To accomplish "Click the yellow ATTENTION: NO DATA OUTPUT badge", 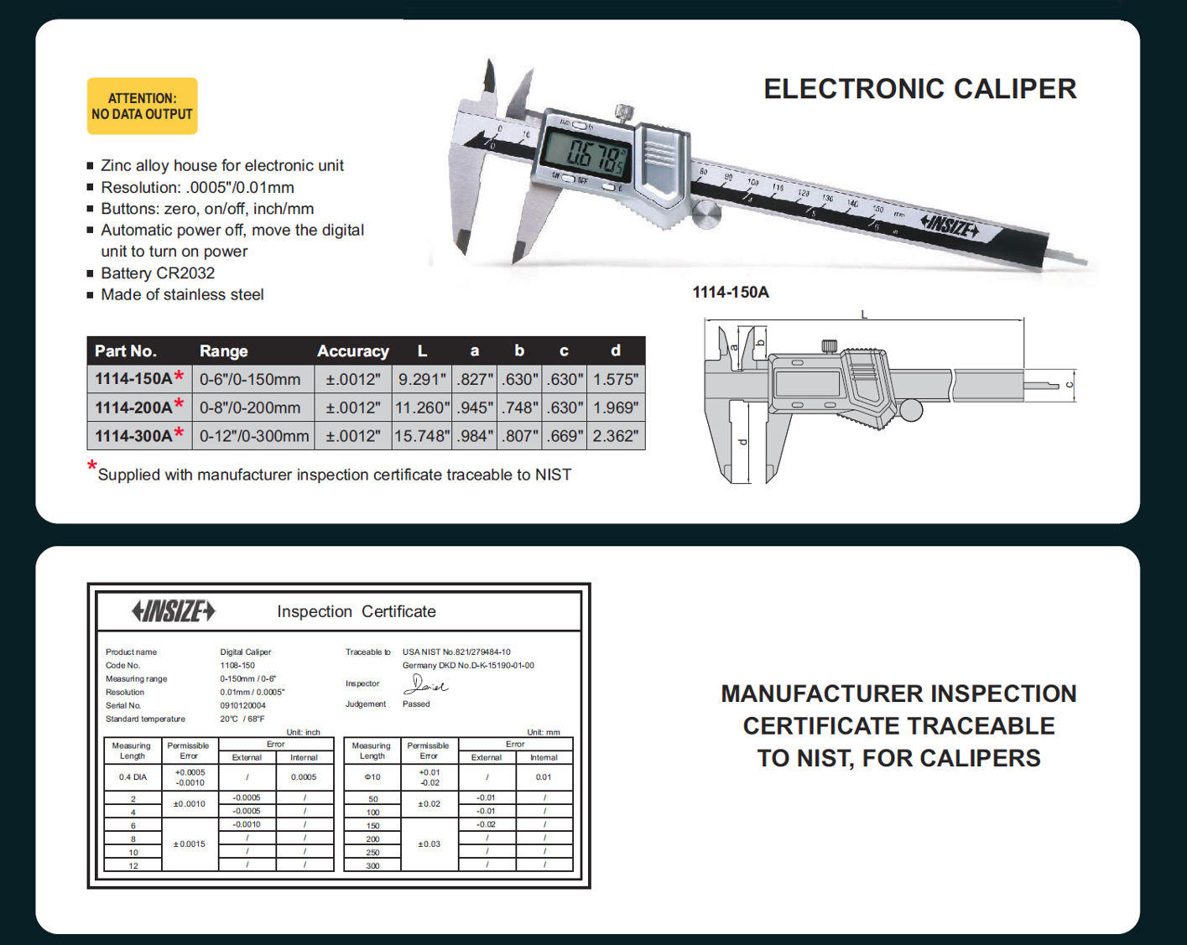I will click(x=142, y=106).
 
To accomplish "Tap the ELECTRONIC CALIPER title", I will click(x=919, y=89).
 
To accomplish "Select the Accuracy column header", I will click(x=352, y=351).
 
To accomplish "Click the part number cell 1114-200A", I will click(x=134, y=408).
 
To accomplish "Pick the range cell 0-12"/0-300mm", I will click(x=254, y=436).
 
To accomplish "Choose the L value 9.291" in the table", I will click(x=421, y=379).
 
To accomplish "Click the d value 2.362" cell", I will click(x=615, y=436).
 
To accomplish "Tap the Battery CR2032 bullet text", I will click(x=158, y=273).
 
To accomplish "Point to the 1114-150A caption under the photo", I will click(x=730, y=293).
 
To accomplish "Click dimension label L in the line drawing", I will click(x=864, y=315).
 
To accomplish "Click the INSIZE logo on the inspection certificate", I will click(x=174, y=611).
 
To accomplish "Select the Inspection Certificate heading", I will click(x=357, y=612).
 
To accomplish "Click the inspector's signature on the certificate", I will click(x=424, y=685).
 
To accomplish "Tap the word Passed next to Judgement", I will click(x=416, y=704).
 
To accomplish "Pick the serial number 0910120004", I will click(x=242, y=706).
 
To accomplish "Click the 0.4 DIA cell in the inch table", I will click(x=133, y=777).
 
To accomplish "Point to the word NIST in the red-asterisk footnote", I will click(x=553, y=475).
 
